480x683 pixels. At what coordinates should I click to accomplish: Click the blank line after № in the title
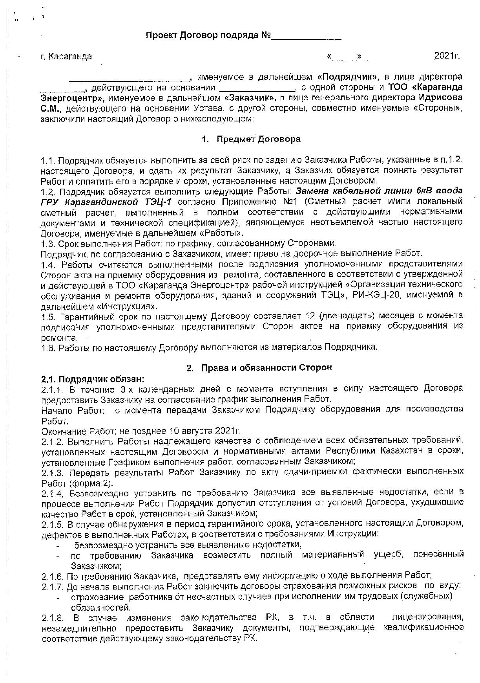pyautogui.click(x=307, y=37)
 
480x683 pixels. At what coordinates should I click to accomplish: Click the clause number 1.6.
pyautogui.click(x=49, y=347)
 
